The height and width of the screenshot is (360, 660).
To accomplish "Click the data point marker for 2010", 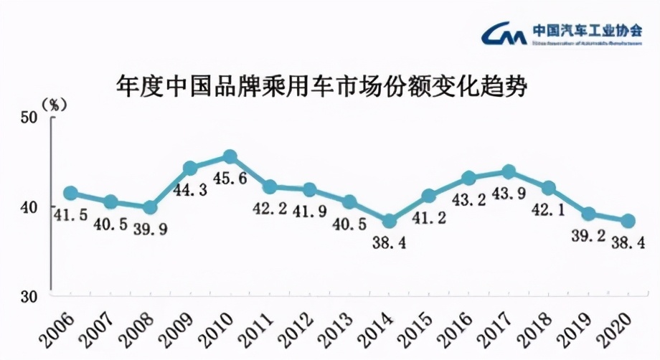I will coord(230,157).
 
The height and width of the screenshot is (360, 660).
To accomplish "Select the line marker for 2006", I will coord(70,193).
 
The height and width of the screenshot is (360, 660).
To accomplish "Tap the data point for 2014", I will coord(389,221).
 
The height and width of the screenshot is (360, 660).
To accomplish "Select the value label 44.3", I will coord(190,189).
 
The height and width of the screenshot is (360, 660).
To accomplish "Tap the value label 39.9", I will coord(150,229).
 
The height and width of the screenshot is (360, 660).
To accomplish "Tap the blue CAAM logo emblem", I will coord(505,33).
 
